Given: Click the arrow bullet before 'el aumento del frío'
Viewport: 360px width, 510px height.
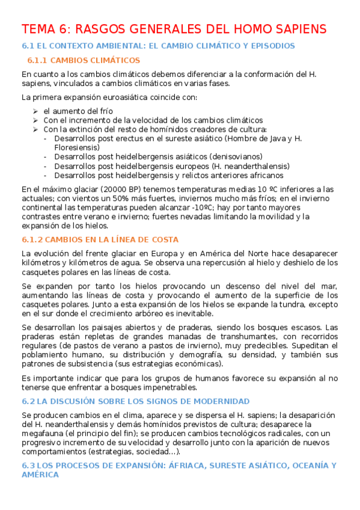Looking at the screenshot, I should [x=36, y=111].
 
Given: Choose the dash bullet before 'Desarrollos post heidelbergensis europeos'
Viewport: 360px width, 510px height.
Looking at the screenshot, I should [x=47, y=166].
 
